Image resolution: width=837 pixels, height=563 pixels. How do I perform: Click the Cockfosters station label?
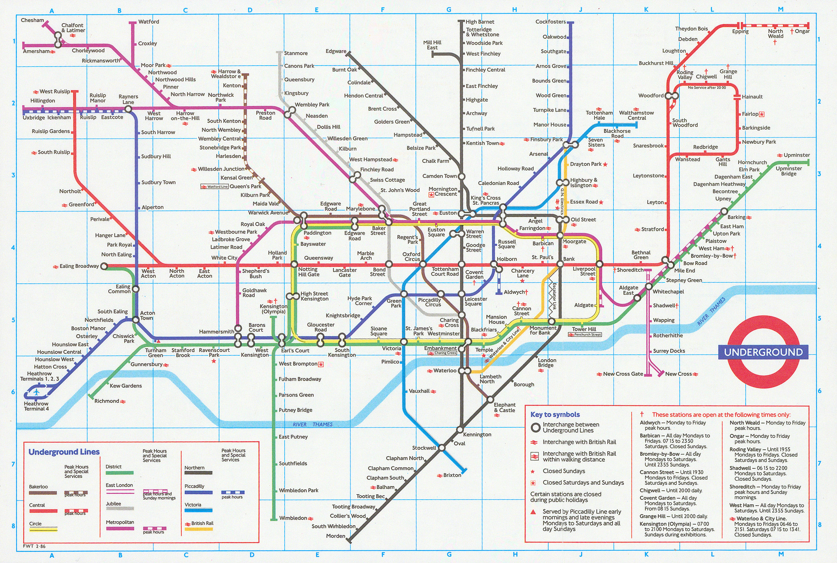(x=550, y=22)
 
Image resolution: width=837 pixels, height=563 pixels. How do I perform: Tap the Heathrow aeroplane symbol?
(x=36, y=392)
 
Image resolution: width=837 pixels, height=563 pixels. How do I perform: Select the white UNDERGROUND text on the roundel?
(x=763, y=352)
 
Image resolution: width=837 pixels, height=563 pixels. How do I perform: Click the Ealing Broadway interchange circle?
(x=104, y=266)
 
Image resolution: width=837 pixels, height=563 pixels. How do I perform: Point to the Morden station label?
(x=335, y=536)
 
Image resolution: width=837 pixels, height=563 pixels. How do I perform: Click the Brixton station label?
(x=452, y=475)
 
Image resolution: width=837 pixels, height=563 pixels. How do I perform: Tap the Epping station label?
(x=740, y=32)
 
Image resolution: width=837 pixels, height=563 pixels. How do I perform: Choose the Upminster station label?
(x=797, y=155)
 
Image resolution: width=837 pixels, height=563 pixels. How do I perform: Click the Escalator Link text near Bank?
(x=554, y=296)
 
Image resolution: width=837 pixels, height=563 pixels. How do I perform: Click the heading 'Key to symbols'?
(x=555, y=414)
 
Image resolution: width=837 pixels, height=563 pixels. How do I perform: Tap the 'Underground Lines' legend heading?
(x=64, y=452)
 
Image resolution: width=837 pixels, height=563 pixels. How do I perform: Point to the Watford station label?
(x=149, y=22)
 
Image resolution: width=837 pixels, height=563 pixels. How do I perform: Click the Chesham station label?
(x=32, y=20)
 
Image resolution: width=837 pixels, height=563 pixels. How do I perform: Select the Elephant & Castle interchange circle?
(x=490, y=399)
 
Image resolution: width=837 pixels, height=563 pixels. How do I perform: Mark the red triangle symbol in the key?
(x=533, y=512)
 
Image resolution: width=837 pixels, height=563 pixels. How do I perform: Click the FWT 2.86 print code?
(x=34, y=546)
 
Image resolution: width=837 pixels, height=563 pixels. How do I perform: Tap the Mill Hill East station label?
(x=432, y=45)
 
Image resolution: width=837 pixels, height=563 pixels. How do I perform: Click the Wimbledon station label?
(x=293, y=518)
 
